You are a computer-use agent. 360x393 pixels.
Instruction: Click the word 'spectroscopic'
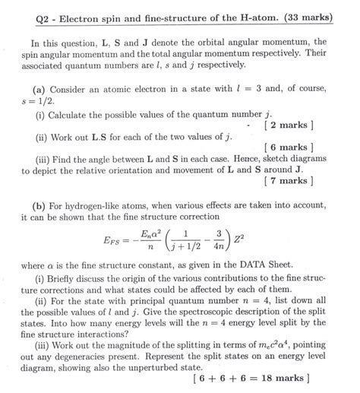203,316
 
